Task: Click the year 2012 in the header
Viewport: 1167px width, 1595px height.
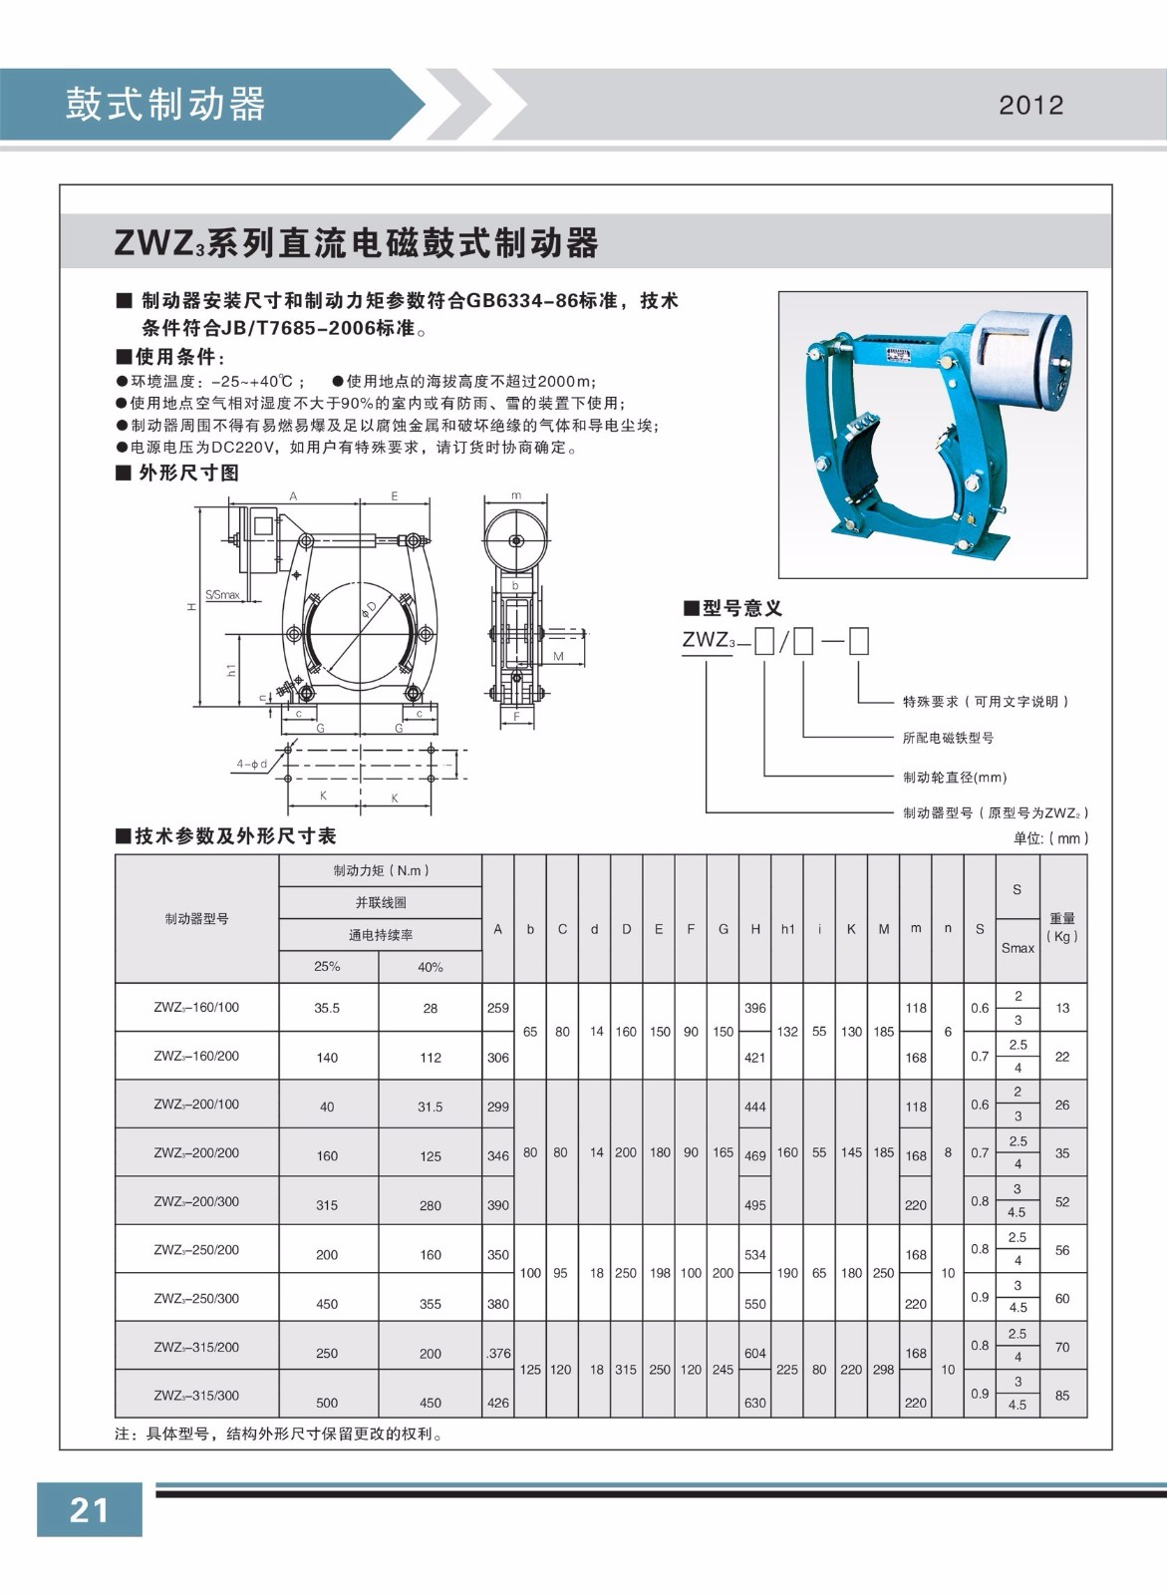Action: [x=1030, y=105]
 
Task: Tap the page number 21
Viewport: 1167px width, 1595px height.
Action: [x=89, y=1509]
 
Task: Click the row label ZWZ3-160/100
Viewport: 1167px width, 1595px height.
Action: [x=196, y=1007]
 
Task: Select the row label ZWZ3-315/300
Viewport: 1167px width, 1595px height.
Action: [x=196, y=1396]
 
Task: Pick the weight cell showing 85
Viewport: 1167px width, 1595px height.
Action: [x=1061, y=1396]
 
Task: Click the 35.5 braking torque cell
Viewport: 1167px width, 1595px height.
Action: [x=327, y=1008]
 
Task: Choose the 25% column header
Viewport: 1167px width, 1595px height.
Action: [x=327, y=967]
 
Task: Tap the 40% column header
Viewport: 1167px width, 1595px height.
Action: [x=431, y=967]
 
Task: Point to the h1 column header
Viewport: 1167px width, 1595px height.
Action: [x=787, y=929]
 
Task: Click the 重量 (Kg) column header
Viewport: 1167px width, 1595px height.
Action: [x=1062, y=927]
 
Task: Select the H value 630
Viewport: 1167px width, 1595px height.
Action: [x=755, y=1403]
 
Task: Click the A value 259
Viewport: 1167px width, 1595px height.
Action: [x=498, y=1008]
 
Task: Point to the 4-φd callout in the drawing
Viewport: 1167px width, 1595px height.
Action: [x=252, y=764]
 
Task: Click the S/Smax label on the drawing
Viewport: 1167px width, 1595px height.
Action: [x=223, y=595]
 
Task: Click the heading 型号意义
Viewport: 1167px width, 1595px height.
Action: [x=732, y=608]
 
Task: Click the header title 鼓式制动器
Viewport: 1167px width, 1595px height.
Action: [x=166, y=104]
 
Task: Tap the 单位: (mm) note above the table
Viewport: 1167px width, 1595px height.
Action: [x=1050, y=838]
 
